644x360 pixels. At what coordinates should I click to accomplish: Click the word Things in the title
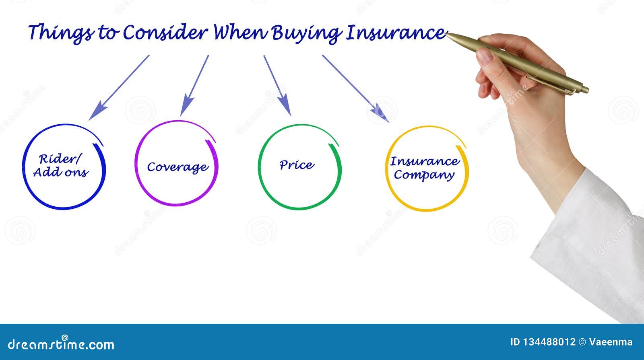click(61, 33)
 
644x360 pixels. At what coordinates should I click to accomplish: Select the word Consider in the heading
click(165, 32)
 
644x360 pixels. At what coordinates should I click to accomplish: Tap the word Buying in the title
click(307, 34)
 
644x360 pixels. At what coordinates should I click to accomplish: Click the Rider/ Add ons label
click(61, 165)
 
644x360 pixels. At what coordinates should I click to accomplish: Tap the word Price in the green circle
click(297, 165)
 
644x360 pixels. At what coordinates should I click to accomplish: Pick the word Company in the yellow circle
click(424, 175)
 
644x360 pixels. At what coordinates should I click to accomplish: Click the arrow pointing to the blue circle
click(119, 88)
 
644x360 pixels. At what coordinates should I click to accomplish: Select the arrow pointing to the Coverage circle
click(194, 85)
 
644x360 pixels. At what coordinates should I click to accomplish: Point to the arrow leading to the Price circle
click(277, 85)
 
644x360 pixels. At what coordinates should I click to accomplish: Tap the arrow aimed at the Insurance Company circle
click(356, 88)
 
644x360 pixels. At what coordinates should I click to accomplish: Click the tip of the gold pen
click(446, 33)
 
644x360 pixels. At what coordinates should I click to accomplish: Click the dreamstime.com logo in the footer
click(61, 343)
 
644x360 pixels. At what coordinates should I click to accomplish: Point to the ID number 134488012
click(549, 342)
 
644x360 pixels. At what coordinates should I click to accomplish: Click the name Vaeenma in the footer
click(611, 342)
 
